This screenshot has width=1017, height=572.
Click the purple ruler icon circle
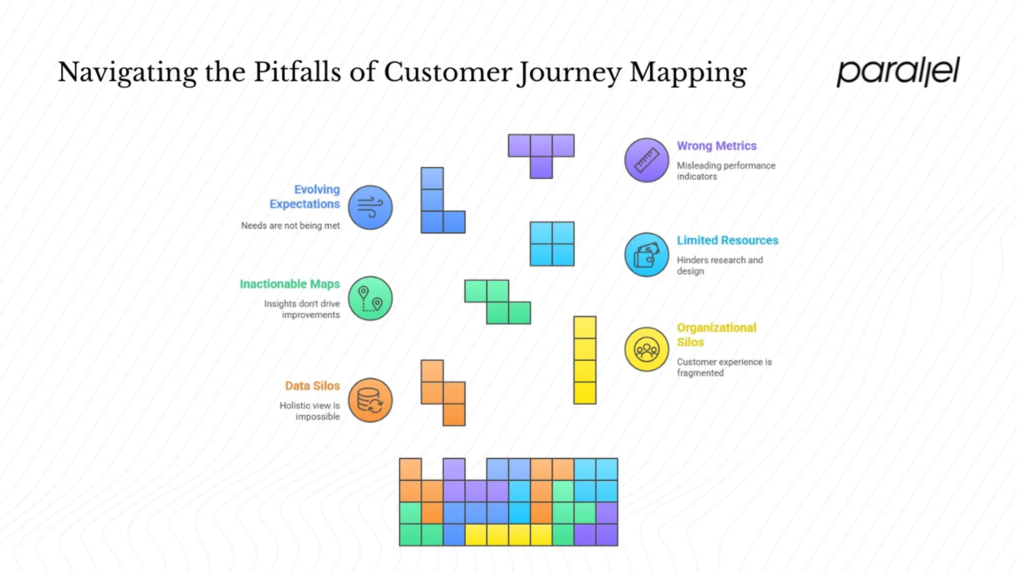(x=646, y=160)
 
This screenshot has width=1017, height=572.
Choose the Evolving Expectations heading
(x=304, y=196)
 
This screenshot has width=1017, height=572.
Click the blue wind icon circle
(x=370, y=208)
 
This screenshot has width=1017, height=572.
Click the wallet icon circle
(x=646, y=254)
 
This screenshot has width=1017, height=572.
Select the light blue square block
(x=552, y=244)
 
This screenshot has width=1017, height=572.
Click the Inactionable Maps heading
(x=289, y=284)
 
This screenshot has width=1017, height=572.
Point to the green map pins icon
(x=370, y=298)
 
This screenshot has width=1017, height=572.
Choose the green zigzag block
(x=497, y=302)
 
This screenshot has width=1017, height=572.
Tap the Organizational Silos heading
(x=716, y=335)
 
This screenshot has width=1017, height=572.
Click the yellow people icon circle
(x=646, y=349)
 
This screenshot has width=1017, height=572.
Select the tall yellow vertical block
(x=585, y=360)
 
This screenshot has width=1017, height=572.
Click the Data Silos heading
(x=312, y=386)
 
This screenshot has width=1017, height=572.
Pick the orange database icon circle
(x=370, y=400)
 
